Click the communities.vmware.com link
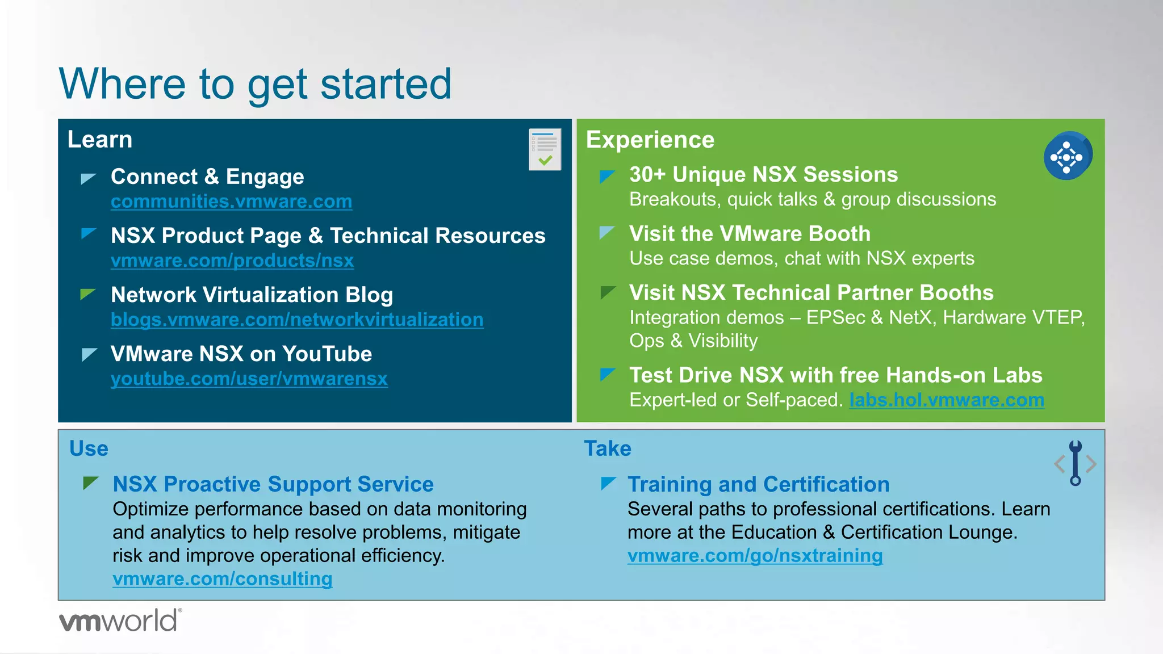pos(231,202)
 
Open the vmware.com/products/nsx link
pos(232,261)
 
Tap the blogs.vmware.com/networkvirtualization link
pos(297,320)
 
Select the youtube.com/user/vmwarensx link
pos(249,379)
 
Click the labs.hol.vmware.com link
pos(947,400)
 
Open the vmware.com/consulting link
pos(222,578)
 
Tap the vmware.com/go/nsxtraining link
pos(755,555)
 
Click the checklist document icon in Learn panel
pos(545,149)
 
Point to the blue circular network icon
pos(1067,157)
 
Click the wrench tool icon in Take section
pos(1075,463)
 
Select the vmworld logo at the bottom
pos(120,621)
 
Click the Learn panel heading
pos(100,140)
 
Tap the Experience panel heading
pos(650,140)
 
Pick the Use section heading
pos(89,448)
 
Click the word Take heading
pos(608,448)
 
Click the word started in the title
pos(386,84)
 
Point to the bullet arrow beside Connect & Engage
pos(88,178)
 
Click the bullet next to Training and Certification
pos(608,483)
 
